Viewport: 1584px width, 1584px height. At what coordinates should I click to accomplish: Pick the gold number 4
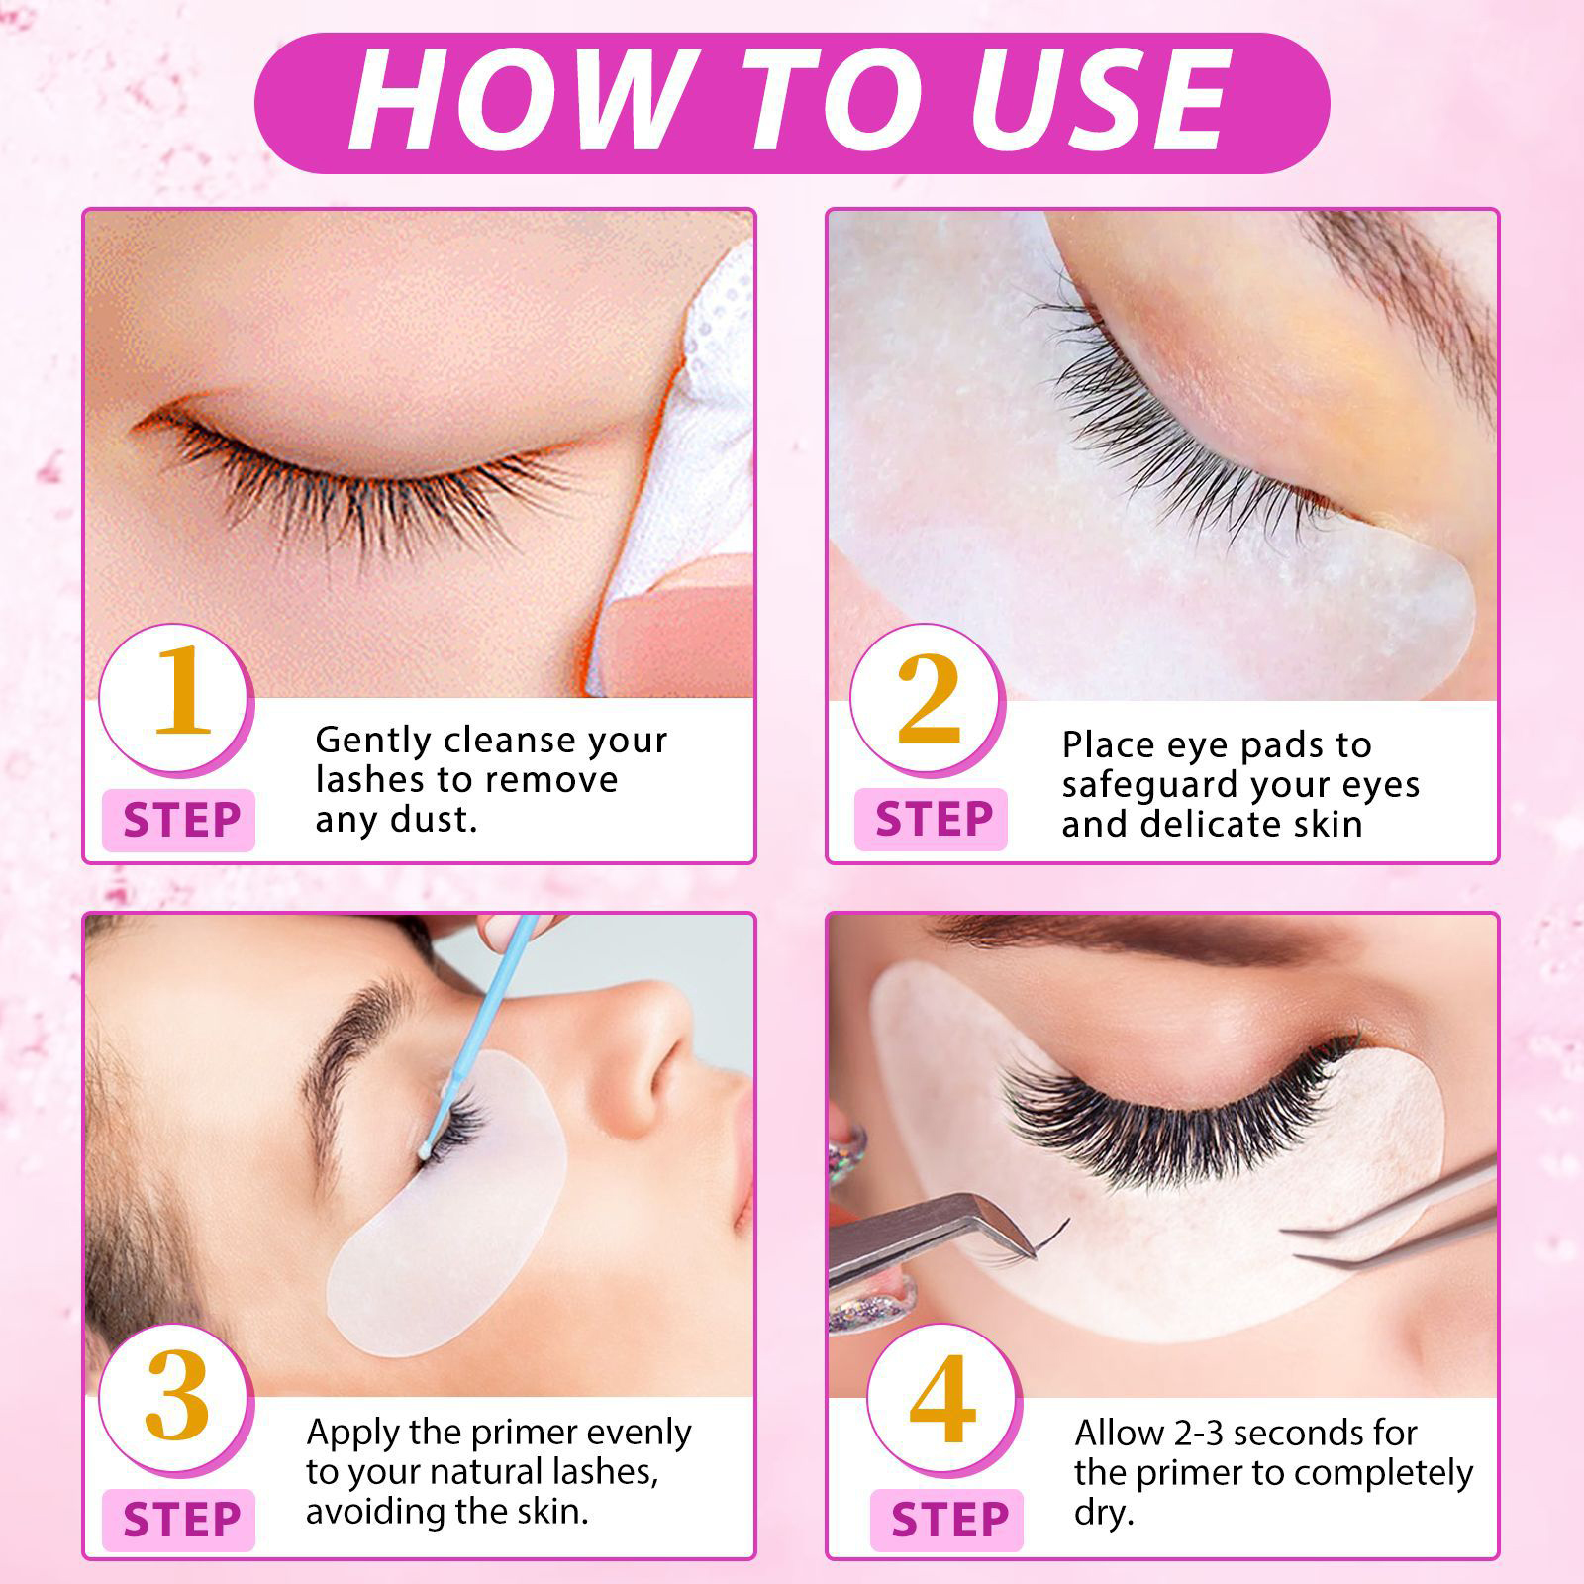pos(942,1399)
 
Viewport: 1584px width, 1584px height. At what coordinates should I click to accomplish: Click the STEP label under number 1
pos(181,821)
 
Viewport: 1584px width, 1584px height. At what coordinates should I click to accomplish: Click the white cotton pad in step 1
pos(683,465)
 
